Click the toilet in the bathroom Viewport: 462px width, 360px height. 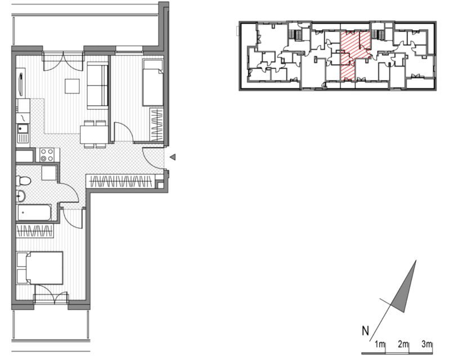click(23, 181)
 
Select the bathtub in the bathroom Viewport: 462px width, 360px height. click(34, 213)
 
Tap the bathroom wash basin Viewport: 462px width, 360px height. click(21, 196)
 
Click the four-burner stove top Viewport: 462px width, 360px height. click(47, 155)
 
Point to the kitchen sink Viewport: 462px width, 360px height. click(23, 133)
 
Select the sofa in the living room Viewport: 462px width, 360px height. click(97, 85)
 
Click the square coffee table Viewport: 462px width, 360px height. click(72, 86)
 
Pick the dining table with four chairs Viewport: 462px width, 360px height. click(95, 134)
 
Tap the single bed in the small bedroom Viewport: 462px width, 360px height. click(153, 83)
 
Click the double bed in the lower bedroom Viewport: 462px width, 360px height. click(40, 268)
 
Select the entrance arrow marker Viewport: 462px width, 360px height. click(173, 157)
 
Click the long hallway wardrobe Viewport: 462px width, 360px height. click(120, 181)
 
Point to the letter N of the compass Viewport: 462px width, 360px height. click(365, 331)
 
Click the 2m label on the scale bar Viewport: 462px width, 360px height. click(403, 344)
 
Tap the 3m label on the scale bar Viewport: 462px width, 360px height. click(427, 344)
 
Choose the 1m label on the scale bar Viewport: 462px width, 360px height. click(380, 344)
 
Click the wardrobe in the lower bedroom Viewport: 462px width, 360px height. click(35, 231)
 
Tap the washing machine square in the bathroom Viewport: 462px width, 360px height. click(48, 173)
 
